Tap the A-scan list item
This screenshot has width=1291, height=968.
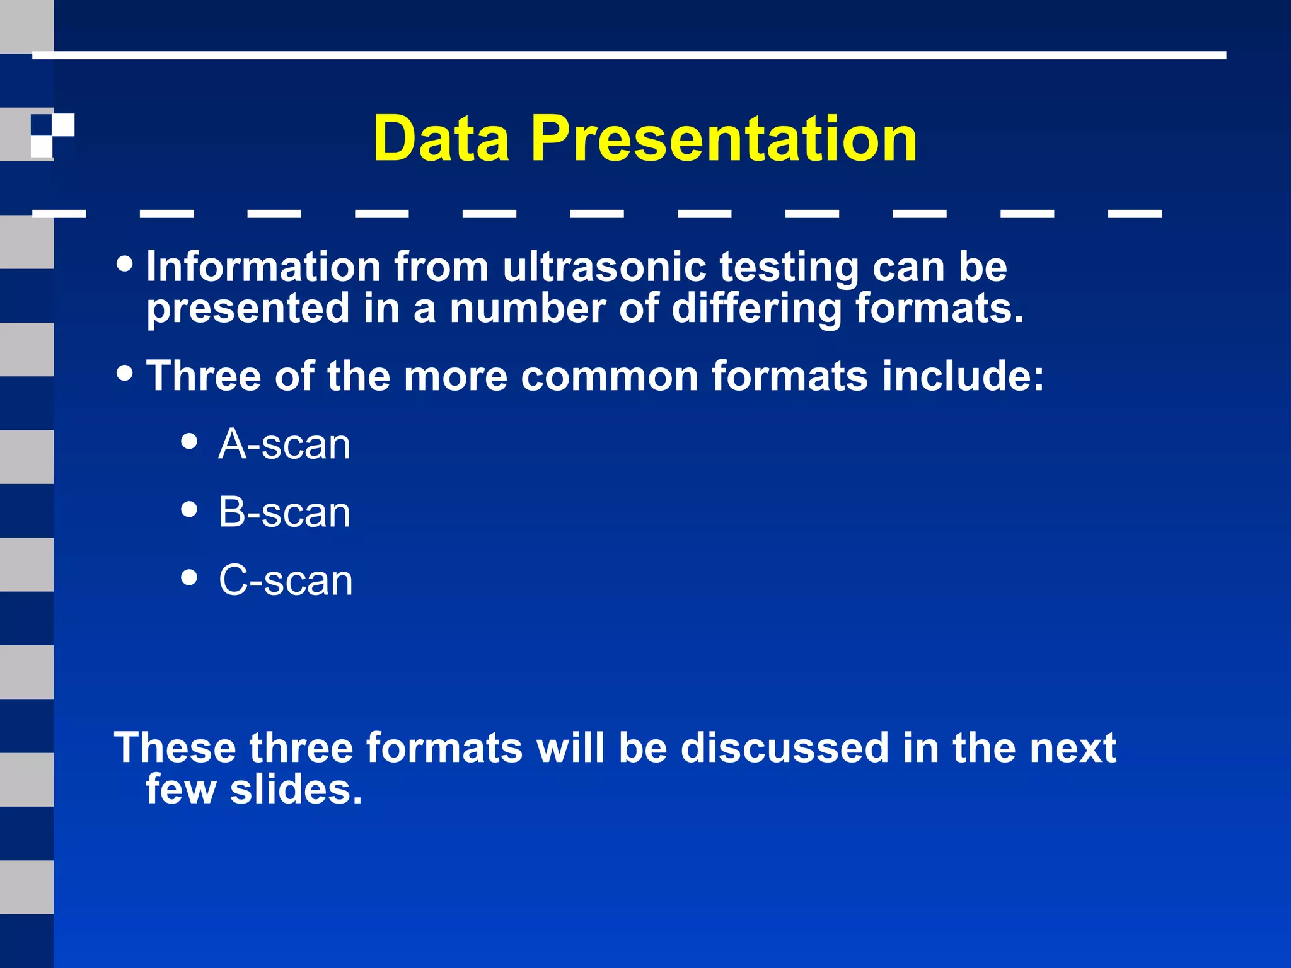coord(284,445)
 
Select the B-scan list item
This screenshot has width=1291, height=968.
coord(284,512)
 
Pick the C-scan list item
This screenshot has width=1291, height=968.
coord(286,580)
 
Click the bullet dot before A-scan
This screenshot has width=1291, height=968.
coord(189,441)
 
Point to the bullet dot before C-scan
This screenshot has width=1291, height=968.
coord(189,577)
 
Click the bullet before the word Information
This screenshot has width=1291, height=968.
coord(125,264)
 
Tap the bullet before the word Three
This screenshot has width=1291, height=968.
coord(125,372)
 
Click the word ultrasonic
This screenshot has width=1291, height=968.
coord(604,267)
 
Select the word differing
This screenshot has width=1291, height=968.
coord(756,309)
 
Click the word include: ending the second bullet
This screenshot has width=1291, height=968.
coord(963,376)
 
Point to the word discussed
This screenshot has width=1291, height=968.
coord(784,748)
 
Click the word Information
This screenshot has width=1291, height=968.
coord(263,267)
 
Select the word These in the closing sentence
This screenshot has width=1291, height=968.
coord(175,748)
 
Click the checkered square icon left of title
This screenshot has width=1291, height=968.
coord(53,135)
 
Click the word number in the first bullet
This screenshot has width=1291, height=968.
coord(527,309)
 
